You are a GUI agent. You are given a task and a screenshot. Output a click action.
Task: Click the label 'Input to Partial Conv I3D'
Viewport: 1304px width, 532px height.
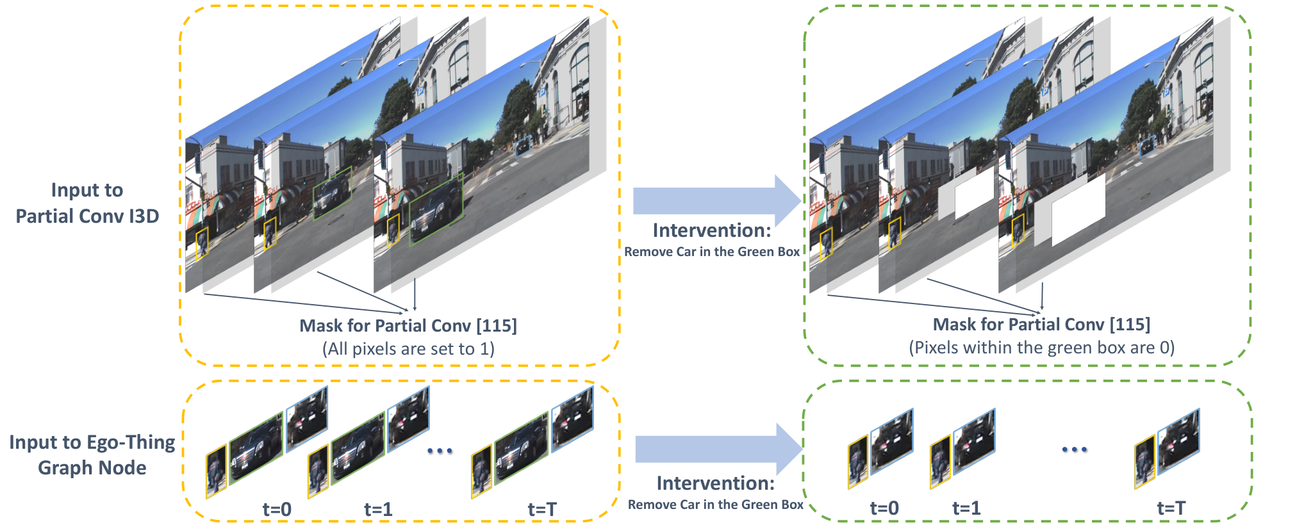(87, 203)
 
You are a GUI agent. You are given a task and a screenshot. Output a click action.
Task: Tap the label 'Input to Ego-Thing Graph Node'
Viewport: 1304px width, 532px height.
(92, 455)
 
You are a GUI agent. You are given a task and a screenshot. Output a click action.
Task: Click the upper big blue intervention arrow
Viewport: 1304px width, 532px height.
(717, 201)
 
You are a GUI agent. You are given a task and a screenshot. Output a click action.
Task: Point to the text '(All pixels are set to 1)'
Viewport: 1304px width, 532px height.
(408, 349)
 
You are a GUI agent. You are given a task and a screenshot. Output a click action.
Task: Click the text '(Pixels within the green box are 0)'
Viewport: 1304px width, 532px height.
(1041, 348)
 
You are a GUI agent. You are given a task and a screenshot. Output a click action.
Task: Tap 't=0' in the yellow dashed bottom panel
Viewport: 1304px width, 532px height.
(277, 510)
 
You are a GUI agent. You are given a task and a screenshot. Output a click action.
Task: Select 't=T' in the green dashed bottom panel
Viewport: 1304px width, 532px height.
(1171, 508)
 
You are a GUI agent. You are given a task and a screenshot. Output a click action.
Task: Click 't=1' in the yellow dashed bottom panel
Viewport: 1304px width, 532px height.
(378, 510)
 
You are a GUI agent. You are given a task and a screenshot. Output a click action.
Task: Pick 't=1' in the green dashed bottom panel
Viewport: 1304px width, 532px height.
(966, 508)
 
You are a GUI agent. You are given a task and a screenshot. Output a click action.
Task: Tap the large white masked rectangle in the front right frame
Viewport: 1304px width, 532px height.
(1078, 210)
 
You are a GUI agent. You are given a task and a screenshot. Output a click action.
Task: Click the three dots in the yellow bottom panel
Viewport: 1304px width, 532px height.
(440, 451)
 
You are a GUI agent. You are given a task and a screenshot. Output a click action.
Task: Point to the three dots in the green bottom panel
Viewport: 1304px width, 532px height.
(1075, 449)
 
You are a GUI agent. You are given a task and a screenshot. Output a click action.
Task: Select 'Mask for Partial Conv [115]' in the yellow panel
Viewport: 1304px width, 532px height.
(408, 326)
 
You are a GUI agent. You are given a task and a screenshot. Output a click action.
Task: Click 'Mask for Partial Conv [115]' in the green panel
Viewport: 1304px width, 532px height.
(1041, 325)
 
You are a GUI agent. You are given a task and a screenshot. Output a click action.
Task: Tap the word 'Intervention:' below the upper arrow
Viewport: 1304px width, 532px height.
(712, 230)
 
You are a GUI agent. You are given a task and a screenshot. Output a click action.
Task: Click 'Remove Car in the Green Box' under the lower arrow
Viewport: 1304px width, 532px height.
(715, 504)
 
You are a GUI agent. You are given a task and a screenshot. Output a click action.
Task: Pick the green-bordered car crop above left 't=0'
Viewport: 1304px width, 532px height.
(256, 448)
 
